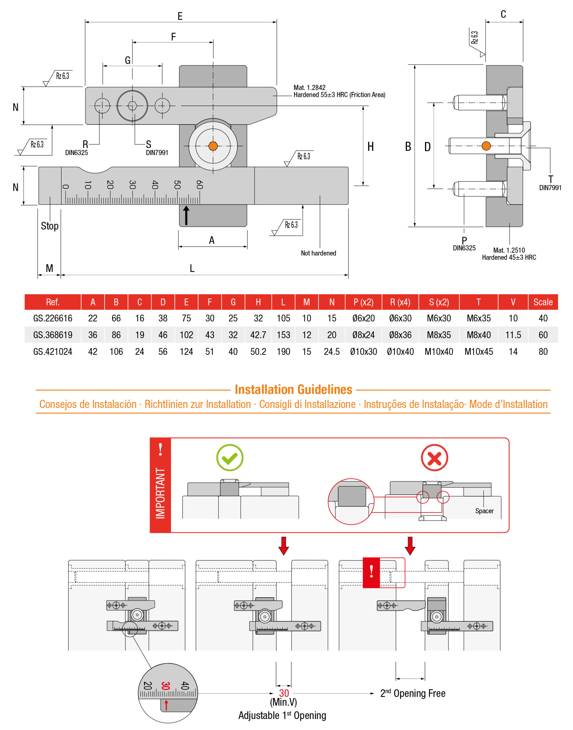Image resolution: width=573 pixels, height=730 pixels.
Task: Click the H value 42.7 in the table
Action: tap(258, 335)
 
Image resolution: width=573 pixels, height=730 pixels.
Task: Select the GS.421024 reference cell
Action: tap(53, 352)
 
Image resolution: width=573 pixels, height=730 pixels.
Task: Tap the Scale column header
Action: tap(543, 302)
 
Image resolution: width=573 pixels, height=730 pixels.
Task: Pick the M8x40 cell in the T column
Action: tap(479, 335)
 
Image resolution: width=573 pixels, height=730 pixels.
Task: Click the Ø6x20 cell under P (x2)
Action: tap(363, 318)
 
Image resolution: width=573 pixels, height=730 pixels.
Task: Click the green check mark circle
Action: tap(230, 458)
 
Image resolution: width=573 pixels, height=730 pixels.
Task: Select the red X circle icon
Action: tap(434, 458)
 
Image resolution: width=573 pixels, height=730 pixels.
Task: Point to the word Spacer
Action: tap(484, 511)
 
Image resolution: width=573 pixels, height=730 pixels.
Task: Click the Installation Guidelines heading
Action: tap(293, 390)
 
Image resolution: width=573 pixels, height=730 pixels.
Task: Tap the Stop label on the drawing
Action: tap(50, 226)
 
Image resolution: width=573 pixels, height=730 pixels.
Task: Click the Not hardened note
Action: tap(318, 253)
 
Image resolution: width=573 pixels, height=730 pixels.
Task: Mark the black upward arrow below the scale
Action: tap(186, 215)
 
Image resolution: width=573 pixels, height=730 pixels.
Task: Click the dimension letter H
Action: tap(370, 147)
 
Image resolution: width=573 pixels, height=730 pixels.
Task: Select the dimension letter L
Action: tap(192, 268)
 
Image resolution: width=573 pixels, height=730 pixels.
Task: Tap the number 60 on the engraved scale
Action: tap(200, 184)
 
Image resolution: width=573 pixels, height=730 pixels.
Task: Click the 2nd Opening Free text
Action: tap(413, 693)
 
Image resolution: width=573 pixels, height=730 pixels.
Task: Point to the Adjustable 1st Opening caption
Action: tap(282, 715)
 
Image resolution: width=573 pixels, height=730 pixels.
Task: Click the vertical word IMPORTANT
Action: tap(160, 493)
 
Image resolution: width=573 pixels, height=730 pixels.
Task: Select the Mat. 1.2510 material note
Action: tap(509, 250)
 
